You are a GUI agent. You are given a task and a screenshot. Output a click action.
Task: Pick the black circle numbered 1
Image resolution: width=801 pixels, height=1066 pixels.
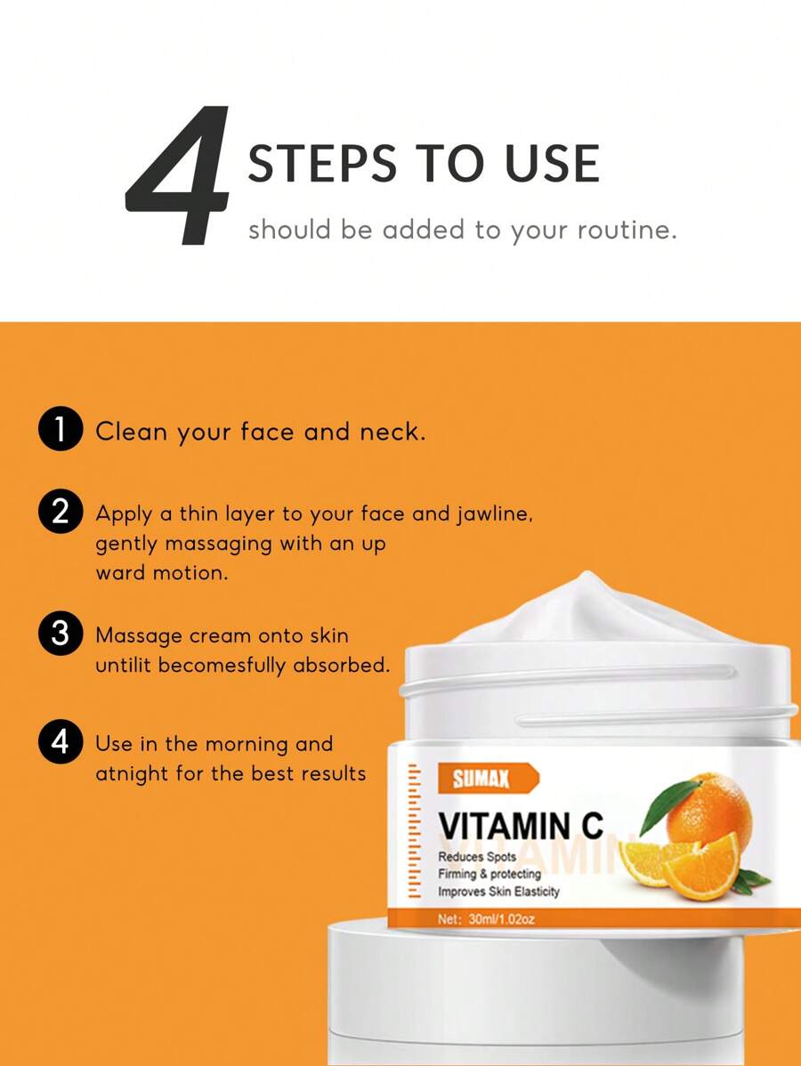[61, 432]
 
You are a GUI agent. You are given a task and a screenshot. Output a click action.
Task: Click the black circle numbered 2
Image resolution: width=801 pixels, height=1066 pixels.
[61, 514]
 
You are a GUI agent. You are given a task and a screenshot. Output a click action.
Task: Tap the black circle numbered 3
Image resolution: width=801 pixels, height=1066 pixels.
[61, 635]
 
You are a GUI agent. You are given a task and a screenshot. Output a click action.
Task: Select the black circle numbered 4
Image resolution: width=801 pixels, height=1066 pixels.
[61, 743]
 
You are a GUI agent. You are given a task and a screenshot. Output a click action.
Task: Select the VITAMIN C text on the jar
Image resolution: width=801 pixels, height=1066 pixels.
[521, 826]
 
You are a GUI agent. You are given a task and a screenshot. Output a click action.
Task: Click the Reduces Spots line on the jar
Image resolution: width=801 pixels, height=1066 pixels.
[477, 857]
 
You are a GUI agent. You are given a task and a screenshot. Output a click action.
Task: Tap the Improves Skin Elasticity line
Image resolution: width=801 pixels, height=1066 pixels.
[498, 892]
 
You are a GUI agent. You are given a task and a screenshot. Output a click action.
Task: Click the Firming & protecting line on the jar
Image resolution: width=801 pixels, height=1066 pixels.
[489, 874]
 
